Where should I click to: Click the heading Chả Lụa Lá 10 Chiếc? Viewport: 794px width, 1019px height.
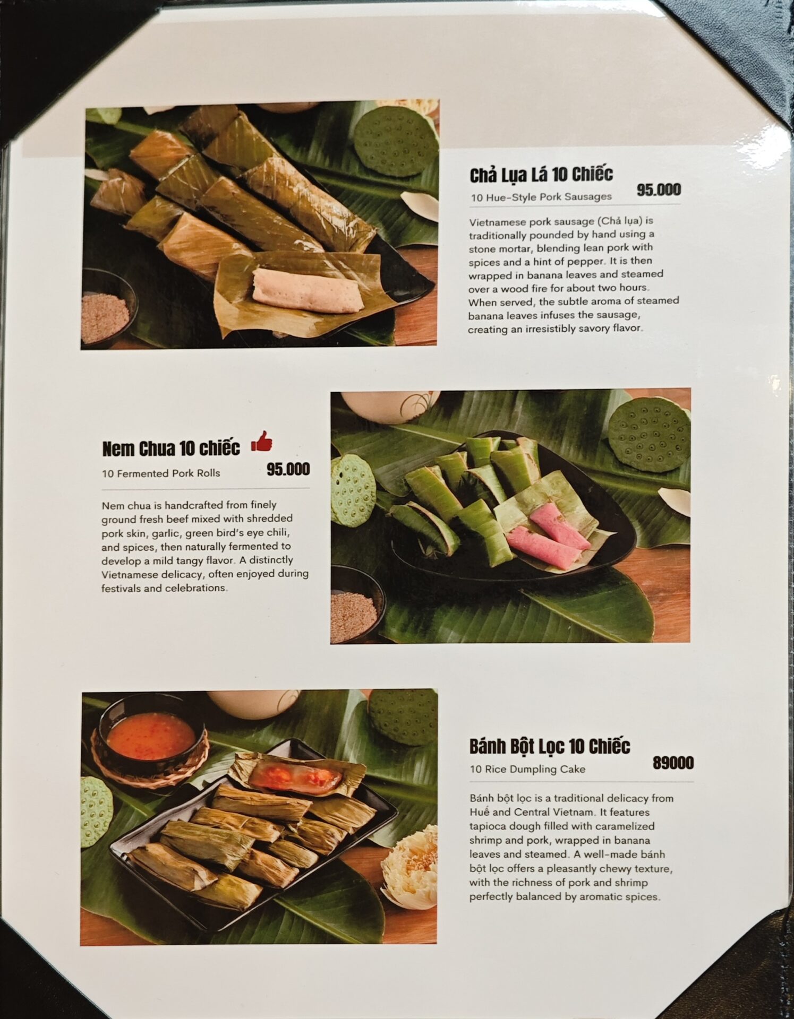541,175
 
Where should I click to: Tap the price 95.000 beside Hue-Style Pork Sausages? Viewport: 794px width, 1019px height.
659,190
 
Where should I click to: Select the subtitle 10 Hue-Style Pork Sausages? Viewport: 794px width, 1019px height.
541,197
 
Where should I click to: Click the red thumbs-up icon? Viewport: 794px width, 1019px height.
261,441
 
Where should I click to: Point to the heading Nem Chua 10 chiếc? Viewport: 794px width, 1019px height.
171,448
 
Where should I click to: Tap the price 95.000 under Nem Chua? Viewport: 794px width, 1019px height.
288,469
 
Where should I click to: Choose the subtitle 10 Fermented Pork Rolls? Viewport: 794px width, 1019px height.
161,473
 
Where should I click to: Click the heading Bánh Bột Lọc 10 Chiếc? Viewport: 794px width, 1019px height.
550,747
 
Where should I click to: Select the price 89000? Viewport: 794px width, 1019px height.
673,763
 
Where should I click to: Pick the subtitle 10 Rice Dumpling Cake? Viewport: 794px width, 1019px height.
527,770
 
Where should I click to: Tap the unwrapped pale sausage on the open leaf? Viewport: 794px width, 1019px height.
308,291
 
